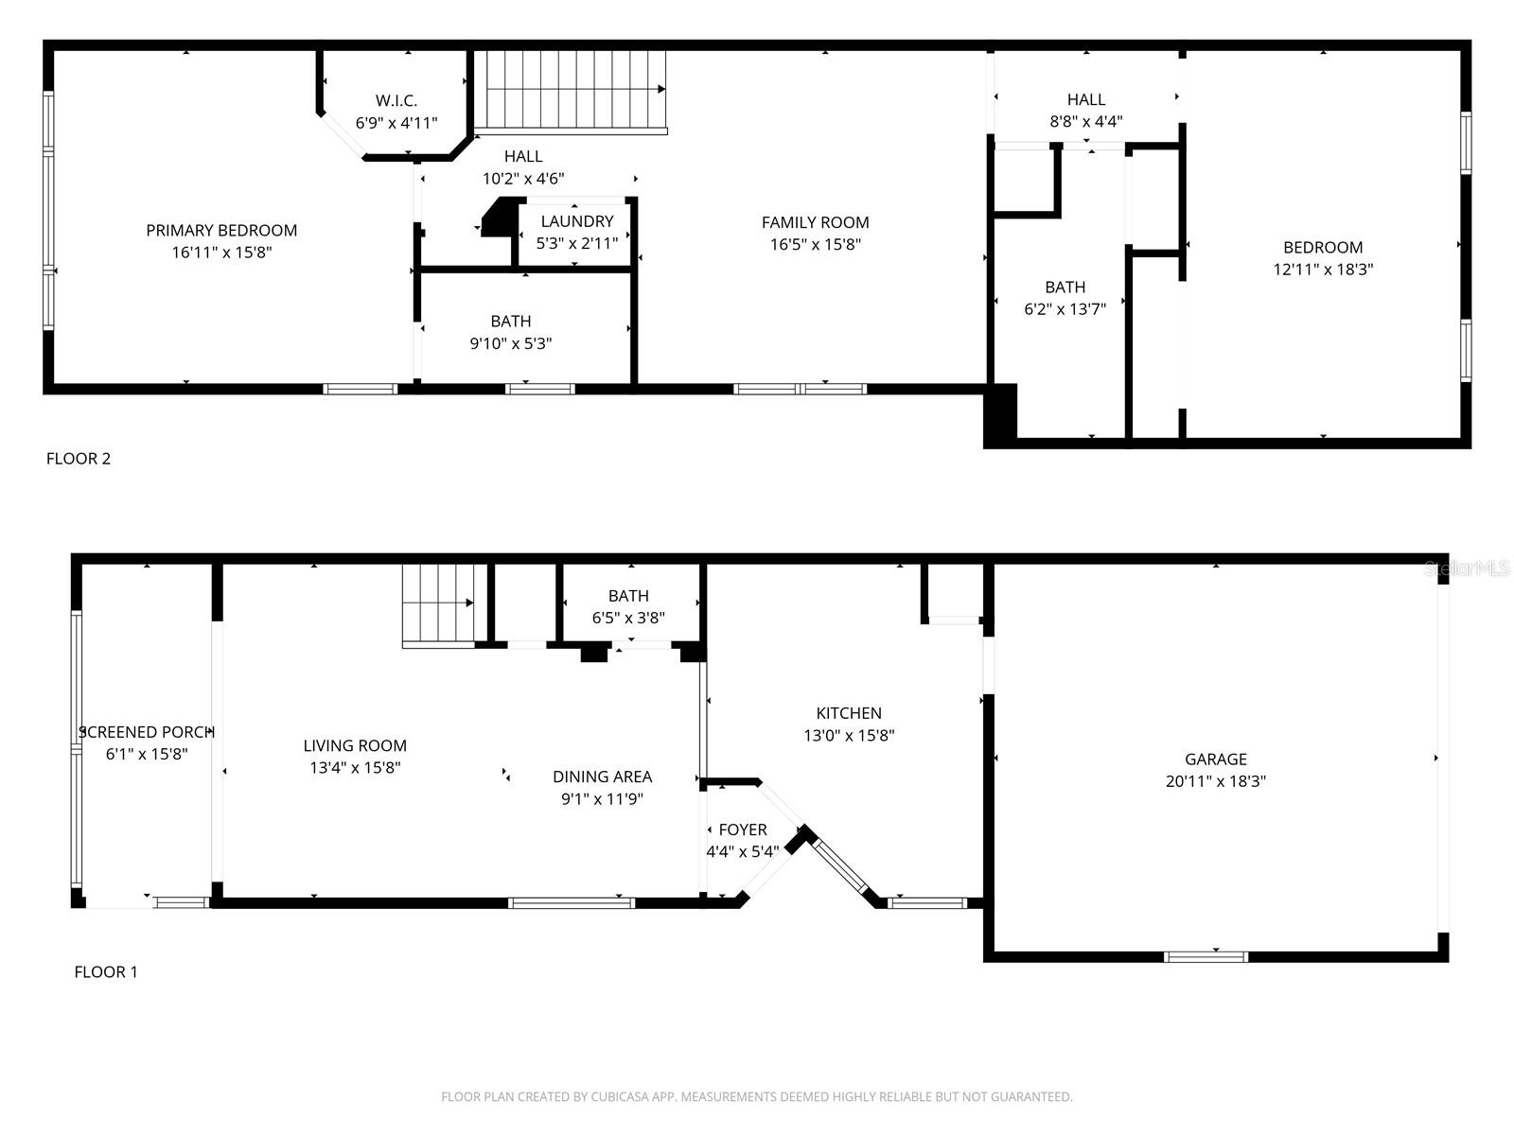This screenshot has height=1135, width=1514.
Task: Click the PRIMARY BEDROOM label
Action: point(221,230)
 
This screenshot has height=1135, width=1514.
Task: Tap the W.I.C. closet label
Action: point(396,100)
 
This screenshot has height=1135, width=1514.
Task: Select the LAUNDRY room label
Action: point(577,221)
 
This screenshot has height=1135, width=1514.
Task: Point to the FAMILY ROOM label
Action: point(815,222)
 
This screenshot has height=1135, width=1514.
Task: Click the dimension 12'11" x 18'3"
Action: point(1323,270)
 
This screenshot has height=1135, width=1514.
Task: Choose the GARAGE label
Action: point(1216,759)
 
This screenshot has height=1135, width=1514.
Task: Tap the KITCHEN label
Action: point(849,713)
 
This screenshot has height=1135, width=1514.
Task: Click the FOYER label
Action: point(743,829)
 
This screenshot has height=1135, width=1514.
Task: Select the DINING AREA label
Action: point(603,777)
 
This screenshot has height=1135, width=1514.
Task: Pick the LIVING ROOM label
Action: point(355,745)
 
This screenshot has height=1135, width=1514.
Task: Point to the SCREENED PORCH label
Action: point(148,732)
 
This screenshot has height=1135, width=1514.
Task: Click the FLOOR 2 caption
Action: point(79,459)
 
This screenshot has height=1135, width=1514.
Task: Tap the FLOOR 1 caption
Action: point(106,971)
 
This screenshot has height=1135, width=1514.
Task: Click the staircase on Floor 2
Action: point(570,91)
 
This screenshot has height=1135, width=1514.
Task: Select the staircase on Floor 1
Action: point(438,604)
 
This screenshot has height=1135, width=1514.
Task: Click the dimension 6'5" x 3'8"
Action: point(628,619)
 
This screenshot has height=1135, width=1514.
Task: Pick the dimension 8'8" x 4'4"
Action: point(1085,122)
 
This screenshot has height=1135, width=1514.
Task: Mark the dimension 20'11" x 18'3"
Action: point(1216,781)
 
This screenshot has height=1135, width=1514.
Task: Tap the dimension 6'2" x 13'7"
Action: point(1065,309)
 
